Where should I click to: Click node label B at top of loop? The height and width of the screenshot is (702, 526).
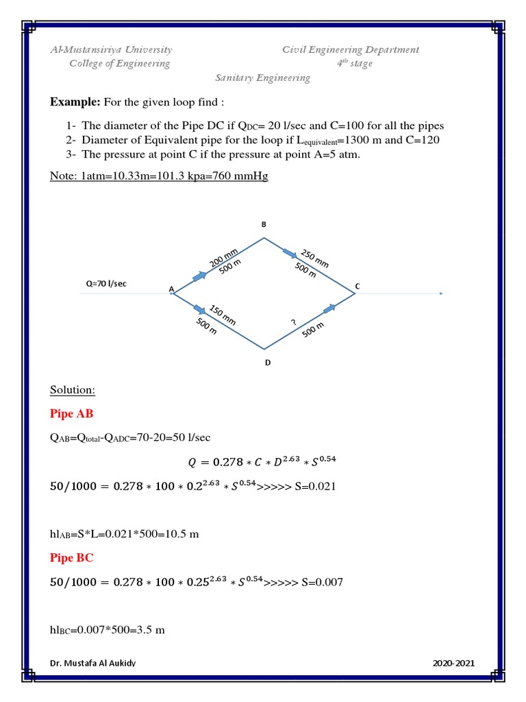click(264, 225)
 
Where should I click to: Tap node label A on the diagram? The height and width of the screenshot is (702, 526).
click(171, 289)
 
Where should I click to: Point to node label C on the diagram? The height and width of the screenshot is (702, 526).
click(357, 285)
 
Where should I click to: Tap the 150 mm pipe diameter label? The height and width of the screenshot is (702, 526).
click(223, 315)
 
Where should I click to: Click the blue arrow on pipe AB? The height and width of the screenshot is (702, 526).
click(199, 276)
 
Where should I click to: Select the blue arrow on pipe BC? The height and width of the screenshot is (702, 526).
click(290, 254)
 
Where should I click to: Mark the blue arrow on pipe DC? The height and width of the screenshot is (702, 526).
click(329, 309)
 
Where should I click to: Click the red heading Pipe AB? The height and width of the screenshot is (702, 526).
click(72, 413)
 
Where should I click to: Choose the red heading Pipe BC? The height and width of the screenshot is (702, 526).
click(72, 558)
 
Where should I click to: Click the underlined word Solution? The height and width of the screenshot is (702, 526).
click(73, 390)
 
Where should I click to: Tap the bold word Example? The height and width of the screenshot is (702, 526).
click(75, 102)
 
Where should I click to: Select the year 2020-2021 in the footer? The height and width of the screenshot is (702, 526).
click(453, 663)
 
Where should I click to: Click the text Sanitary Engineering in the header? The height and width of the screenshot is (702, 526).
click(263, 77)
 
